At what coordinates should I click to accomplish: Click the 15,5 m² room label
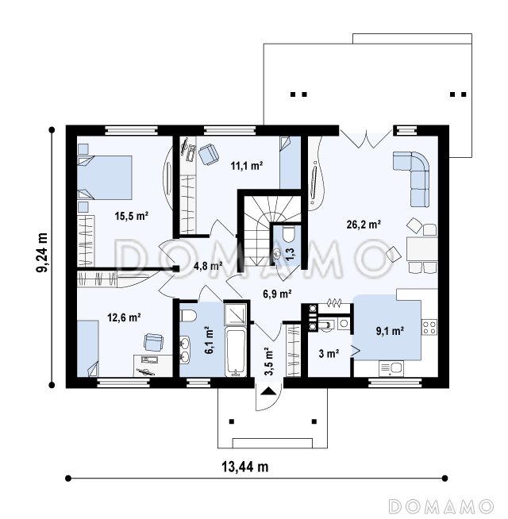[x=132, y=216]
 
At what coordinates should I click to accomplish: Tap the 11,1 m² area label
[x=247, y=165]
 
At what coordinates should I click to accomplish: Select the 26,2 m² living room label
[x=364, y=225]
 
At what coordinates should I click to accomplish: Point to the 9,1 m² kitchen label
[x=390, y=331]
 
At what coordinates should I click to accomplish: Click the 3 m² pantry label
[x=329, y=353]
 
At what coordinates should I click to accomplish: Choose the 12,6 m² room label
[x=124, y=317]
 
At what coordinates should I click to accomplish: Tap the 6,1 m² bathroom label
[x=209, y=340]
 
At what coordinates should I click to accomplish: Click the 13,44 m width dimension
[x=244, y=467]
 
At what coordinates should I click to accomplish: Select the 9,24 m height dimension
[x=42, y=252]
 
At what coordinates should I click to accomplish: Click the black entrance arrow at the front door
[x=268, y=391]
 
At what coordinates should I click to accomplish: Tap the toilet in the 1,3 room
[x=289, y=233]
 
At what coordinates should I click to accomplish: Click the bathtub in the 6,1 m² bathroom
[x=236, y=352]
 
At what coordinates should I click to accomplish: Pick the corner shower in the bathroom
[x=236, y=313]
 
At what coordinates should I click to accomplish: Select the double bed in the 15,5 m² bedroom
[x=105, y=178]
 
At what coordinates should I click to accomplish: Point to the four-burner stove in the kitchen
[x=429, y=327]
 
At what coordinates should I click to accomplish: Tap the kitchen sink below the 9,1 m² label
[x=391, y=368]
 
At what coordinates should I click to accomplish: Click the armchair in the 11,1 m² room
[x=209, y=154]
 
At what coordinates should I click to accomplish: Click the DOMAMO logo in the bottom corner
[x=441, y=507]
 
